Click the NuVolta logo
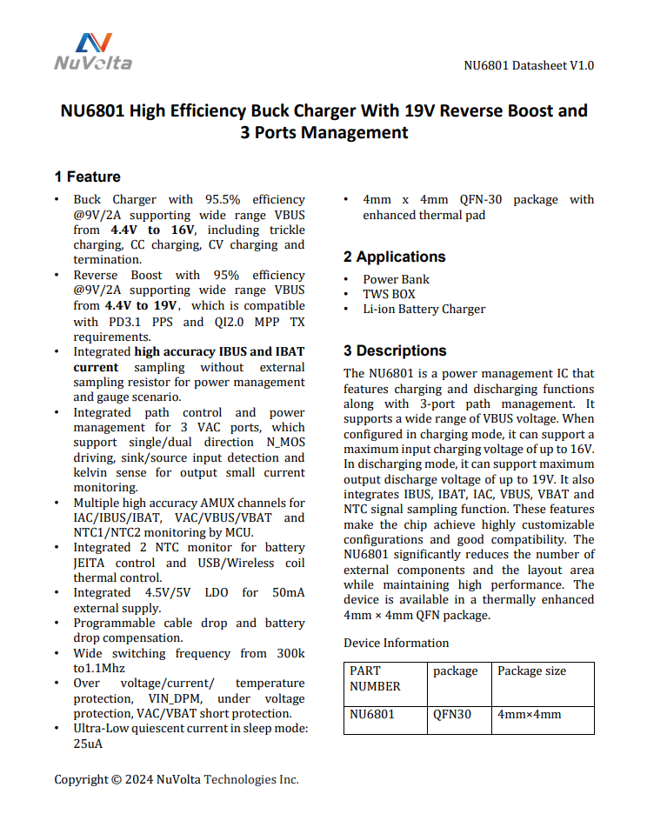(93, 52)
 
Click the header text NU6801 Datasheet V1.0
(529, 65)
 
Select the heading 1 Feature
(87, 177)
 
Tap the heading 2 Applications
(394, 257)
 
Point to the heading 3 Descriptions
(395, 350)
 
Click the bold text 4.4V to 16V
(152, 230)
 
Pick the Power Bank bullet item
(396, 279)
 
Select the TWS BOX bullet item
(389, 294)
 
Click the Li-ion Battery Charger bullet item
(424, 309)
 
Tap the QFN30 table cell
(452, 715)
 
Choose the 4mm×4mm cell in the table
(529, 715)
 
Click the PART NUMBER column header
(375, 678)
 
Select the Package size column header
(531, 671)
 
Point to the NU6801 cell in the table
(372, 715)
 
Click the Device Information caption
(396, 643)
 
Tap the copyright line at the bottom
(177, 779)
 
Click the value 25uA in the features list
(89, 744)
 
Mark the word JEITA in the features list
(91, 563)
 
